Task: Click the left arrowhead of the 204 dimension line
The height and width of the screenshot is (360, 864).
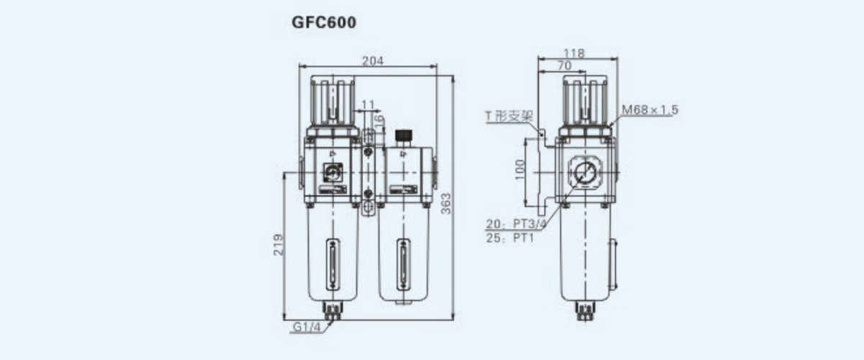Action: [302, 66]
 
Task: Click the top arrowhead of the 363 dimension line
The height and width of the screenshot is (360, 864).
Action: [453, 78]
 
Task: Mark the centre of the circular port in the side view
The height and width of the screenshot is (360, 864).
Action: [585, 172]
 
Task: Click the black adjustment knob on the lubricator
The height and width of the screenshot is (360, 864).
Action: [403, 135]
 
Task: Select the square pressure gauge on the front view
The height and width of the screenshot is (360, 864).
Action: [333, 172]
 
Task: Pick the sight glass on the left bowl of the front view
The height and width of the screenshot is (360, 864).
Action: [333, 265]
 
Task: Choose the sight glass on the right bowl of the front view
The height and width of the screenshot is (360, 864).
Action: [403, 265]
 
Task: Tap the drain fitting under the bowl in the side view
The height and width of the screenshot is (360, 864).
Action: [585, 311]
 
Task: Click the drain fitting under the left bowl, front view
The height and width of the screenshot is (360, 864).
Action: [333, 311]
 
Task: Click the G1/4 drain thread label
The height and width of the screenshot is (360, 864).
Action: [307, 327]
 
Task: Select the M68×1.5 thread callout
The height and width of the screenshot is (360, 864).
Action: [650, 110]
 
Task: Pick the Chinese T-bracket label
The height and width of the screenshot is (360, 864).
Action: [509, 116]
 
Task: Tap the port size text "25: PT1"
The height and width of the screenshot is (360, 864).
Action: [510, 238]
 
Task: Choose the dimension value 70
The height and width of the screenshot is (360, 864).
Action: [564, 66]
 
